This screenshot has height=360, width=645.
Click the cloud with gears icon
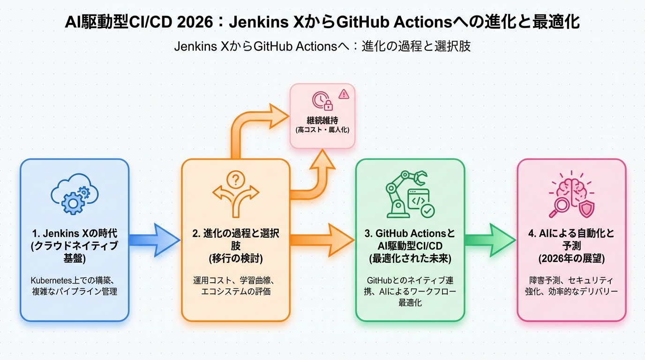pyautogui.click(x=75, y=194)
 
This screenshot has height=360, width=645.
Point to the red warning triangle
pyautogui.click(x=344, y=94)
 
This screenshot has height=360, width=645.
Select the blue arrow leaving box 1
pyautogui.click(x=154, y=240)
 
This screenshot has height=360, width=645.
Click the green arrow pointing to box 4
pyautogui.click(x=490, y=240)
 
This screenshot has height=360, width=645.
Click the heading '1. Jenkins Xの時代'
pyautogui.click(x=75, y=233)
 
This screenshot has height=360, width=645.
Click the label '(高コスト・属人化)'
pyautogui.click(x=322, y=130)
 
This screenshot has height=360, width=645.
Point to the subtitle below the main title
pyautogui.click(x=322, y=47)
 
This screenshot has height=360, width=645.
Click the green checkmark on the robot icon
pyautogui.click(x=427, y=211)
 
